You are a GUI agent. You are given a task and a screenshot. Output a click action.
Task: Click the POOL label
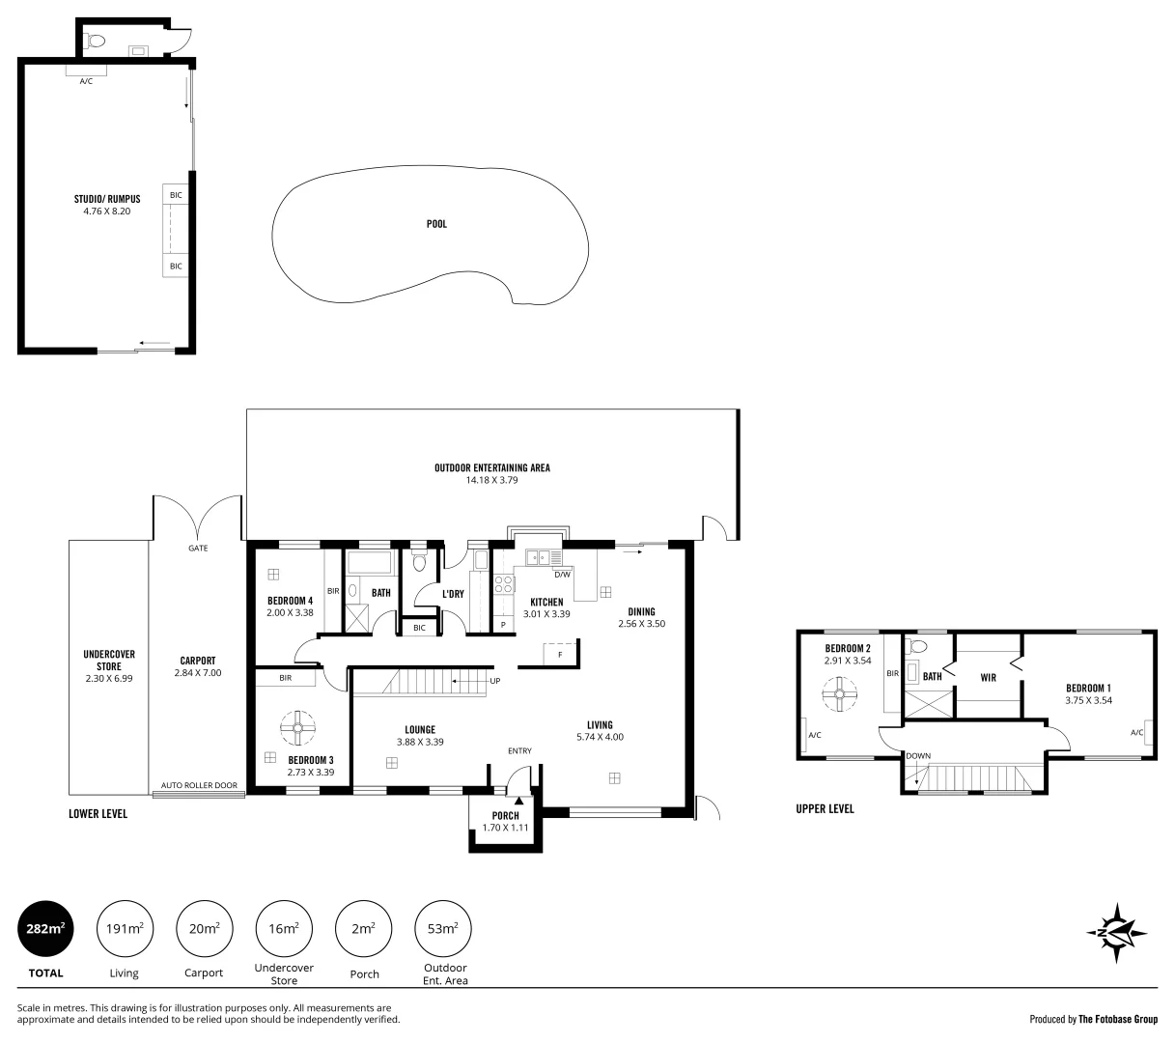pyautogui.click(x=436, y=224)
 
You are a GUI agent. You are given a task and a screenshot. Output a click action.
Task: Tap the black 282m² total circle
pyautogui.click(x=45, y=929)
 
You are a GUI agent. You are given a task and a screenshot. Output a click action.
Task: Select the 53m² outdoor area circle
pyautogui.click(x=442, y=929)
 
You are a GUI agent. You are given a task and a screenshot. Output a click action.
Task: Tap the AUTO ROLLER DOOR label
pyautogui.click(x=199, y=786)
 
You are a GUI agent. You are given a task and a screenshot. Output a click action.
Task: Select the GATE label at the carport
pyautogui.click(x=198, y=548)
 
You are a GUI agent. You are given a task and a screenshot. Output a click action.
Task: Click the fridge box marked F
pyautogui.click(x=559, y=654)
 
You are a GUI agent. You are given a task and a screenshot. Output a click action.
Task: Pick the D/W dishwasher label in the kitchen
pyautogui.click(x=562, y=575)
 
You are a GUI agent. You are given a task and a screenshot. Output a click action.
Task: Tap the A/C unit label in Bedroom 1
pyautogui.click(x=1135, y=733)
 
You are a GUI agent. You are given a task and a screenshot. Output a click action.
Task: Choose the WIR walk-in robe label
pyautogui.click(x=988, y=678)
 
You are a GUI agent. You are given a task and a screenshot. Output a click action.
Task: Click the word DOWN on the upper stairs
pyautogui.click(x=918, y=756)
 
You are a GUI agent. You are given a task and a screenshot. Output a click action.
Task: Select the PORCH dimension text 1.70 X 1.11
pyautogui.click(x=505, y=828)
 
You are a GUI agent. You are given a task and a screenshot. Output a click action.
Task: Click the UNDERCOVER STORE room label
pyautogui.click(x=109, y=660)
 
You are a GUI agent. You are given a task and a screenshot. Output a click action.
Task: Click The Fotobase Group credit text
pyautogui.click(x=1118, y=1019)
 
